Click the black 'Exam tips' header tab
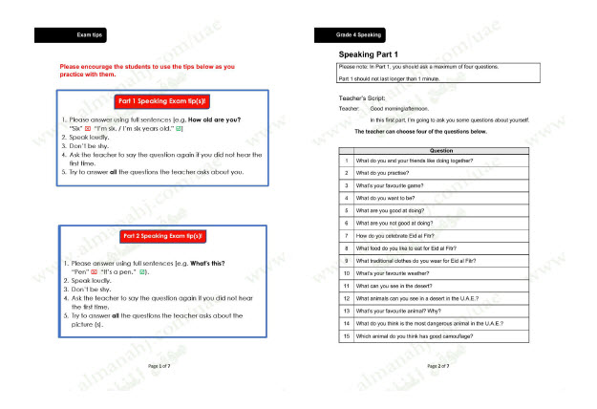pos(70,35)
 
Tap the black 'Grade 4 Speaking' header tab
pos(359,35)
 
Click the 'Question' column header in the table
pos(441,150)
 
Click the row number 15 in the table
pos(347,335)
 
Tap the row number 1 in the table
pos(347,160)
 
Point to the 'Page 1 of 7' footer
pos(160,366)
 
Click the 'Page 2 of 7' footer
pos(438,366)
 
